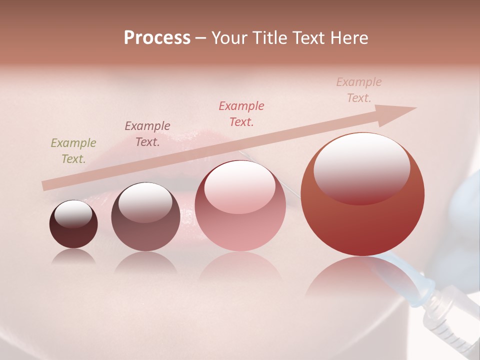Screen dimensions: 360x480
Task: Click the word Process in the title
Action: click(x=157, y=38)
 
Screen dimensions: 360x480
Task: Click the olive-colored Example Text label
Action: click(x=73, y=151)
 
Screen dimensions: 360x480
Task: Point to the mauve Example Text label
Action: click(x=147, y=134)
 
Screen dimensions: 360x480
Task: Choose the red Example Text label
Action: click(x=241, y=114)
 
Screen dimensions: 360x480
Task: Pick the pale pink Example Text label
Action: click(x=359, y=90)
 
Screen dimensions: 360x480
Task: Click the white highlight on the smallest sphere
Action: click(x=73, y=214)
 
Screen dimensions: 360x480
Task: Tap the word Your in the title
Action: click(x=229, y=38)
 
